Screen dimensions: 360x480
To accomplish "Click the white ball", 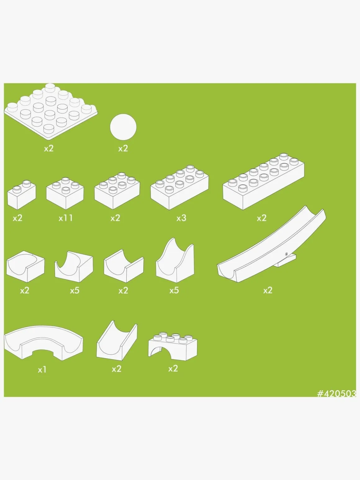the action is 123,127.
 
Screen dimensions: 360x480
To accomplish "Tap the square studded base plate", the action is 51,111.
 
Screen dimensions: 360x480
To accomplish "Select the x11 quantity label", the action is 65,218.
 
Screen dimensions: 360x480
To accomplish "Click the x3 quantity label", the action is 181,218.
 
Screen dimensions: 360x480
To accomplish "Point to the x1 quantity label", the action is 42,370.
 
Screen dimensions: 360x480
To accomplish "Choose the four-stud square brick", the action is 65,193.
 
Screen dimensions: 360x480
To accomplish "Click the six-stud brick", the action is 117,191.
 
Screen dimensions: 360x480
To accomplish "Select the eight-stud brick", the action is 180,188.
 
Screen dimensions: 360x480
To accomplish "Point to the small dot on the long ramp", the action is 286,254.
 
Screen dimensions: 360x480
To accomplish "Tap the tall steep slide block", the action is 175,261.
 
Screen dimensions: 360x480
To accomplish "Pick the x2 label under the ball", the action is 123,149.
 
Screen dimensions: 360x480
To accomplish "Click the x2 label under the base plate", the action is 48,149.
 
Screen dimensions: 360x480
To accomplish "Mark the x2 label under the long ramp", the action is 268,290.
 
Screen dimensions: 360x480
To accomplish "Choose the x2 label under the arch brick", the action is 173,369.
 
